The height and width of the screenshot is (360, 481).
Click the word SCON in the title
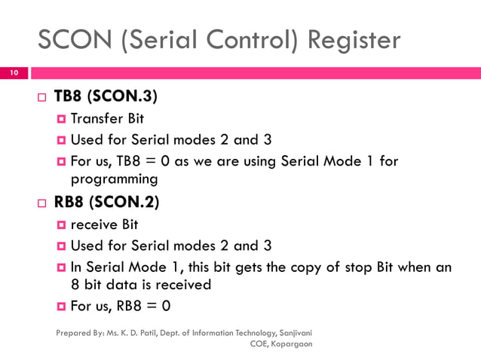tap(75, 39)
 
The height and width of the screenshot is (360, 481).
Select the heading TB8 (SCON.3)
tap(106, 98)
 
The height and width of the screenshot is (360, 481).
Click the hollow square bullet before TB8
tap(41, 99)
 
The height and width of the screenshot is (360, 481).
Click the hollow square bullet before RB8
tap(41, 203)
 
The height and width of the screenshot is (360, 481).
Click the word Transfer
tap(96, 119)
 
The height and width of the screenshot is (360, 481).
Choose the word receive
tap(93, 224)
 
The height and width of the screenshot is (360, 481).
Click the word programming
tap(114, 179)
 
